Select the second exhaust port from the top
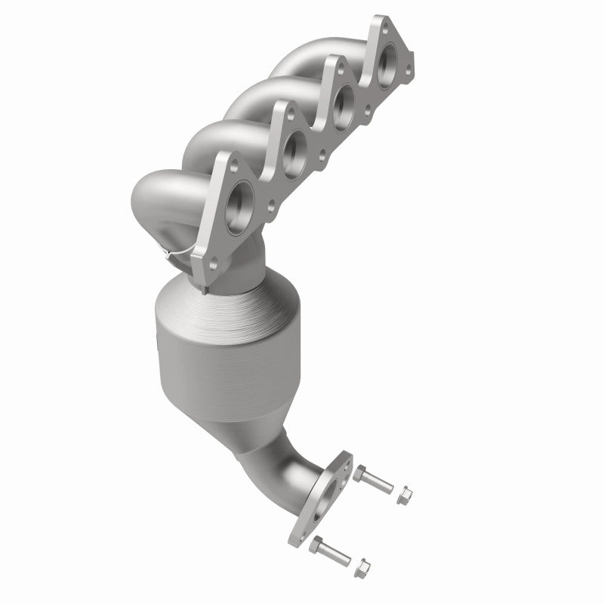coord(344,98)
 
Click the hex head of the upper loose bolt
coord(360,475)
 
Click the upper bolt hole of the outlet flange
coord(345,462)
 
